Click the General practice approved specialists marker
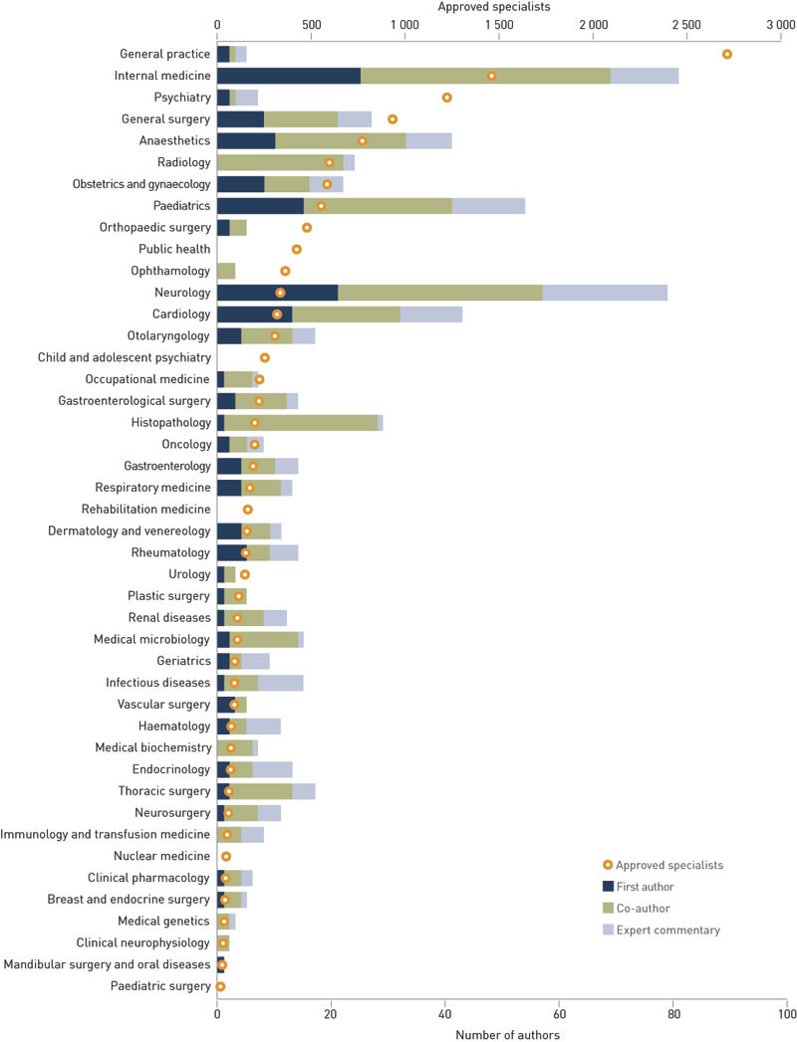(x=727, y=54)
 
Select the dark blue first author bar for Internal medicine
(x=289, y=76)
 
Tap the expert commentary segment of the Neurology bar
(x=605, y=293)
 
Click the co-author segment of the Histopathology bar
(x=301, y=423)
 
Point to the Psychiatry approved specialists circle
(x=447, y=98)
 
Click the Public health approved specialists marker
(x=297, y=249)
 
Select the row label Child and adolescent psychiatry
(x=125, y=357)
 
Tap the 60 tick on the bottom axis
(x=559, y=1015)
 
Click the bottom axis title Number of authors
(x=507, y=1034)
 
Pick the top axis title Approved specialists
(x=507, y=6)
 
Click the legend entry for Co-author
(x=643, y=908)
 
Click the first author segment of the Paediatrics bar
(x=260, y=206)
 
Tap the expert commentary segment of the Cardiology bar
(x=431, y=314)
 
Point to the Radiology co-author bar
(x=280, y=162)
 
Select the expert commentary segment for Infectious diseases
(x=281, y=683)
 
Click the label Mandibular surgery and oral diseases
(x=107, y=964)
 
